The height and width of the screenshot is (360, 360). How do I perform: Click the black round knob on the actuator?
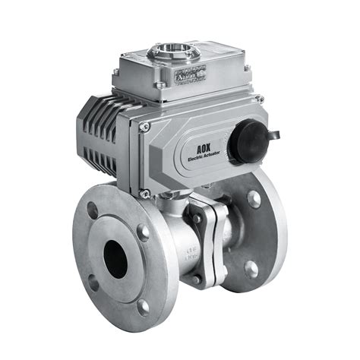[245, 142]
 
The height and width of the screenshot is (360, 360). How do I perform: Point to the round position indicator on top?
[168, 52]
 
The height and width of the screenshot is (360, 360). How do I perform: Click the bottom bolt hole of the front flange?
[143, 307]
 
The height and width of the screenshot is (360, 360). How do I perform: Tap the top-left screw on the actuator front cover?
[144, 127]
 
